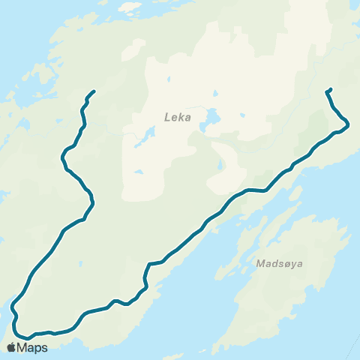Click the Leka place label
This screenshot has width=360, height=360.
click(x=178, y=117)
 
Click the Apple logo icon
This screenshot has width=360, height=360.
click(x=10, y=347)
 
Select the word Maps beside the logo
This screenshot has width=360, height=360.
click(x=32, y=347)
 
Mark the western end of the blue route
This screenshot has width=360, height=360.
click(x=94, y=91)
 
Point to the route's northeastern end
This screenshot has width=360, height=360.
click(x=330, y=90)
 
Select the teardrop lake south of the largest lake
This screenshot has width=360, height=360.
click(x=220, y=165)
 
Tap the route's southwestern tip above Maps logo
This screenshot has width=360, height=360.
click(x=13, y=307)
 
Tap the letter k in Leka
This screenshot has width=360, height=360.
click(x=181, y=117)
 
